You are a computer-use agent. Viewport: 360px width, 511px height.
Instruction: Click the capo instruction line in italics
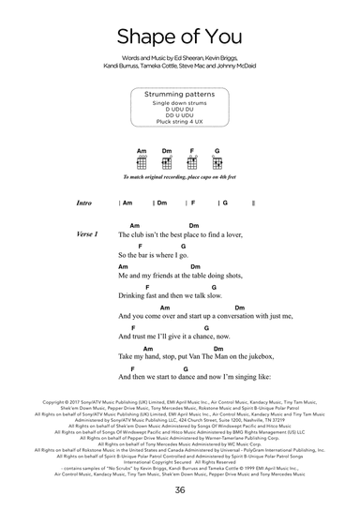[x=179, y=177]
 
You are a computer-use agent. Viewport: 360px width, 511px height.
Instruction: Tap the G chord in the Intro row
[x=225, y=203]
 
